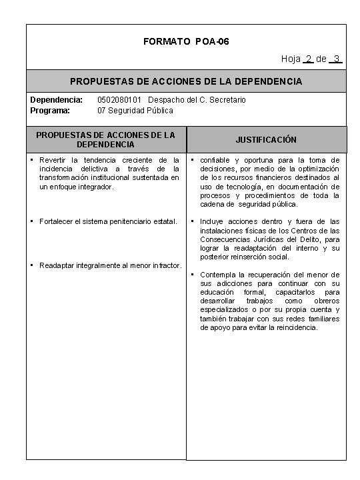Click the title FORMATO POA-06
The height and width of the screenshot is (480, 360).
(186, 42)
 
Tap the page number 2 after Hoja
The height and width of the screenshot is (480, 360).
(308, 59)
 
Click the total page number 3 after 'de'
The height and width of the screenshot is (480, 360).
(338, 59)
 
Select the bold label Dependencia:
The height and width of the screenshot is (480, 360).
(57, 100)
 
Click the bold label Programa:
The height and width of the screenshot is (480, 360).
(51, 110)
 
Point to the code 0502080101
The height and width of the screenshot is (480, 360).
(119, 100)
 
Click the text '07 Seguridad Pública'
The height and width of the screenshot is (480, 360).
(135, 110)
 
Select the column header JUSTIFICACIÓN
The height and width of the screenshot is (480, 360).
(265, 140)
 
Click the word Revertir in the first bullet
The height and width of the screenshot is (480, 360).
(56, 160)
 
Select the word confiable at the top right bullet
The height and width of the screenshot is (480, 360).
(216, 160)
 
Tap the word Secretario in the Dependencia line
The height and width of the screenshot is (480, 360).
(228, 100)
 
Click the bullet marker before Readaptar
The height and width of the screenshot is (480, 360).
(33, 265)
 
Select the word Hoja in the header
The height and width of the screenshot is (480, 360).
(291, 59)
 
